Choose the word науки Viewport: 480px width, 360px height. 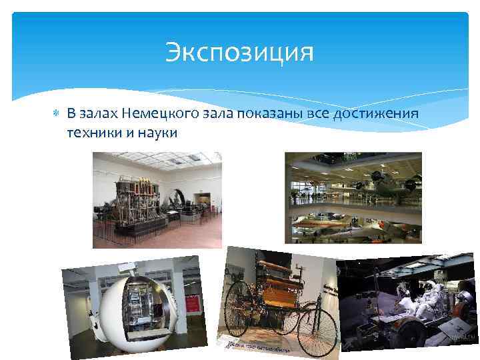[x=157, y=132]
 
